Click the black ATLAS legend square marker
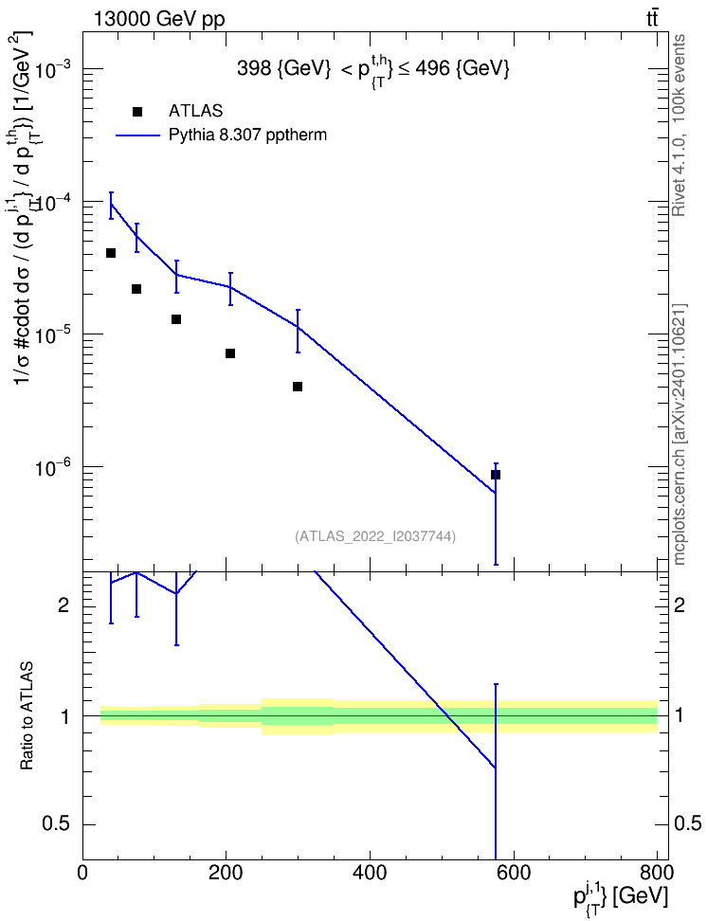coord(137,112)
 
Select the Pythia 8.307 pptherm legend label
coord(247,135)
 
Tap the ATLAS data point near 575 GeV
coord(496,475)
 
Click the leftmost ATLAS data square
coord(111,253)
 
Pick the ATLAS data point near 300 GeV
coord(298,387)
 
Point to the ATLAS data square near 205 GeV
coord(230,353)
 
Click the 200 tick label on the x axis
coord(227,873)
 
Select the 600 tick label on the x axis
coord(514,873)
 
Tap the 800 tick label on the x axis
coord(657,873)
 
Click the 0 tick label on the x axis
coord(82,873)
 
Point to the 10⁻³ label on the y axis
coord(54,69)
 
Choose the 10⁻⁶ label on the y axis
coord(54,467)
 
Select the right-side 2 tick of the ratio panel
coord(679,605)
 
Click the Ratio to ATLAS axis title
coord(27,716)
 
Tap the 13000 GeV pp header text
coord(158,20)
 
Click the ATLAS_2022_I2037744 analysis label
coord(375,536)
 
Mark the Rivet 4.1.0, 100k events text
coord(679,126)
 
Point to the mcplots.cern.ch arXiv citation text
coord(680,434)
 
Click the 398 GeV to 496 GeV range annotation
coord(372,70)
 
